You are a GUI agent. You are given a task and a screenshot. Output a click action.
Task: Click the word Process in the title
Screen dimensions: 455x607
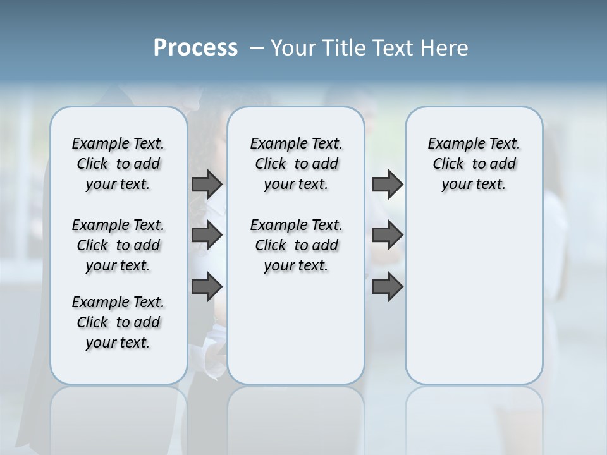(195, 48)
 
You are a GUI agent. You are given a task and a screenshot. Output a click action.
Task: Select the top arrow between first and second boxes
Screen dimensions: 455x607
(207, 184)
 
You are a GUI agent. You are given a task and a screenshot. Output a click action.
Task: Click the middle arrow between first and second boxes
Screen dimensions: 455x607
(207, 235)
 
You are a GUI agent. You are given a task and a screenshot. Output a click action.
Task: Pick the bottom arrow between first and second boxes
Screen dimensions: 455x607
(207, 287)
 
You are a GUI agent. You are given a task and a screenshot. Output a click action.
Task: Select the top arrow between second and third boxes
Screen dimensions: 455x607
(387, 184)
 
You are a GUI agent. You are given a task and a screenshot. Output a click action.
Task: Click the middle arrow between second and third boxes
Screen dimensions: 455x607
(387, 235)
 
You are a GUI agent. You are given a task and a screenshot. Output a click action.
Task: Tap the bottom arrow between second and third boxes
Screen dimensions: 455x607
(387, 287)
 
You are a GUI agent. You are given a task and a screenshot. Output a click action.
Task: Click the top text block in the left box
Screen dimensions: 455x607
(118, 164)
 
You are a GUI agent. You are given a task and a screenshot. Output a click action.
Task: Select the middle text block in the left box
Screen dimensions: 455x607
(118, 245)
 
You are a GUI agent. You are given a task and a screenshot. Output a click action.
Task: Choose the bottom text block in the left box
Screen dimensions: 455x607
(118, 322)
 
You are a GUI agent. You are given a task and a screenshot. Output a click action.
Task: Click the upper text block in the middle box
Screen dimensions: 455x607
(296, 164)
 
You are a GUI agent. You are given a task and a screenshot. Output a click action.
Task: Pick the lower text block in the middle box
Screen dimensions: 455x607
(296, 245)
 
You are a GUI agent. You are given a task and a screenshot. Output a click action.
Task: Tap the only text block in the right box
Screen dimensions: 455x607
(474, 164)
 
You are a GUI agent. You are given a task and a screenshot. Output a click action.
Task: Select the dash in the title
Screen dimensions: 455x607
(257, 48)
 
